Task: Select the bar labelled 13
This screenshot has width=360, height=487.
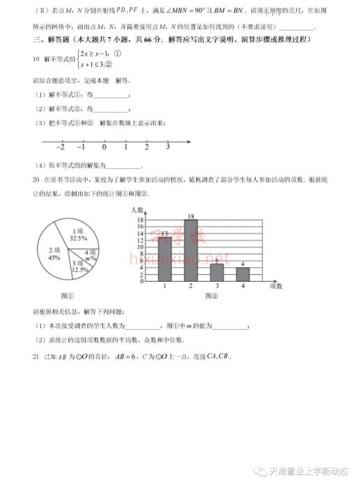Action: pyautogui.click(x=164, y=259)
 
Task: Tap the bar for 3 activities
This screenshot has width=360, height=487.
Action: pyautogui.click(x=217, y=272)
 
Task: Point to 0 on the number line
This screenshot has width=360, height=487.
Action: pyautogui.click(x=104, y=148)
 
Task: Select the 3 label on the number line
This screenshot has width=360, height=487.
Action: pyautogui.click(x=168, y=148)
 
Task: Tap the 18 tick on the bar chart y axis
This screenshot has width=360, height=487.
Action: pyautogui.click(x=140, y=220)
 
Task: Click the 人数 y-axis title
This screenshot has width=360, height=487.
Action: pyautogui.click(x=136, y=209)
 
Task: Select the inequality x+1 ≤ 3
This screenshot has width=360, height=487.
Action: pyautogui.click(x=95, y=64)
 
